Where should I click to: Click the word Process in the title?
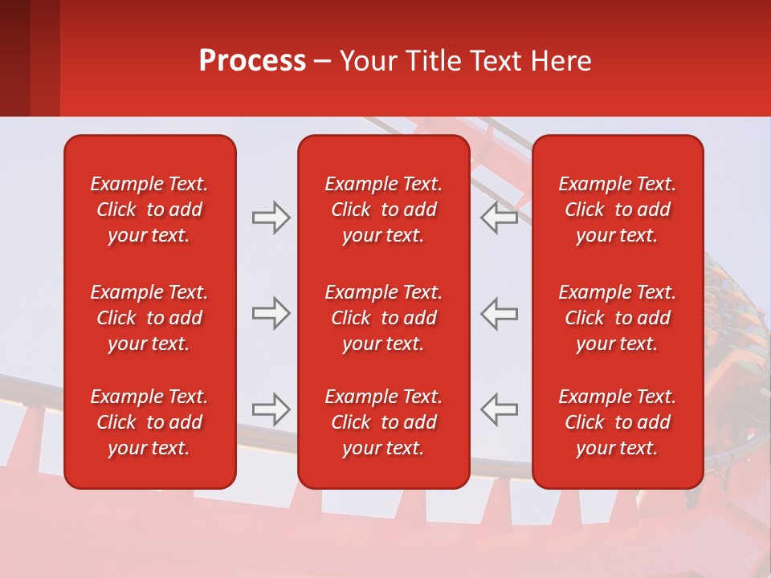point(252,61)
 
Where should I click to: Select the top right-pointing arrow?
point(271,218)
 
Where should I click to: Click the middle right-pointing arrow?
point(271,314)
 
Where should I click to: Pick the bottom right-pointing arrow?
point(271,409)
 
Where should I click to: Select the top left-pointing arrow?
point(500,218)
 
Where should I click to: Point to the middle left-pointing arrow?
point(500,314)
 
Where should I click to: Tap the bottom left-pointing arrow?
point(500,409)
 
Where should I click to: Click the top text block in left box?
point(149,210)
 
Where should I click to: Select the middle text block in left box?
point(149,318)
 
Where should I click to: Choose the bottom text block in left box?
point(149,422)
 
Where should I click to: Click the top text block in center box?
point(383,210)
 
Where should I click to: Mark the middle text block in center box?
point(383,318)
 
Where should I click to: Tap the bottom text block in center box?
point(383,422)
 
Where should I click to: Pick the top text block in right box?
point(617,210)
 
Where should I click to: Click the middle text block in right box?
point(617,318)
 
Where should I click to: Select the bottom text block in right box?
point(617,422)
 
